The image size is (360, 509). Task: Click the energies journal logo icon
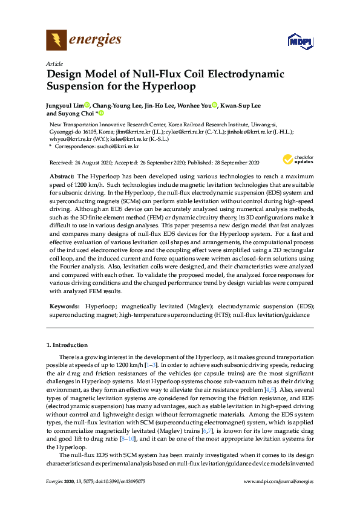click(x=57, y=41)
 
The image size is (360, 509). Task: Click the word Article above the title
click(x=54, y=63)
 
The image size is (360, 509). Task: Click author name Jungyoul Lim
click(x=64, y=105)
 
